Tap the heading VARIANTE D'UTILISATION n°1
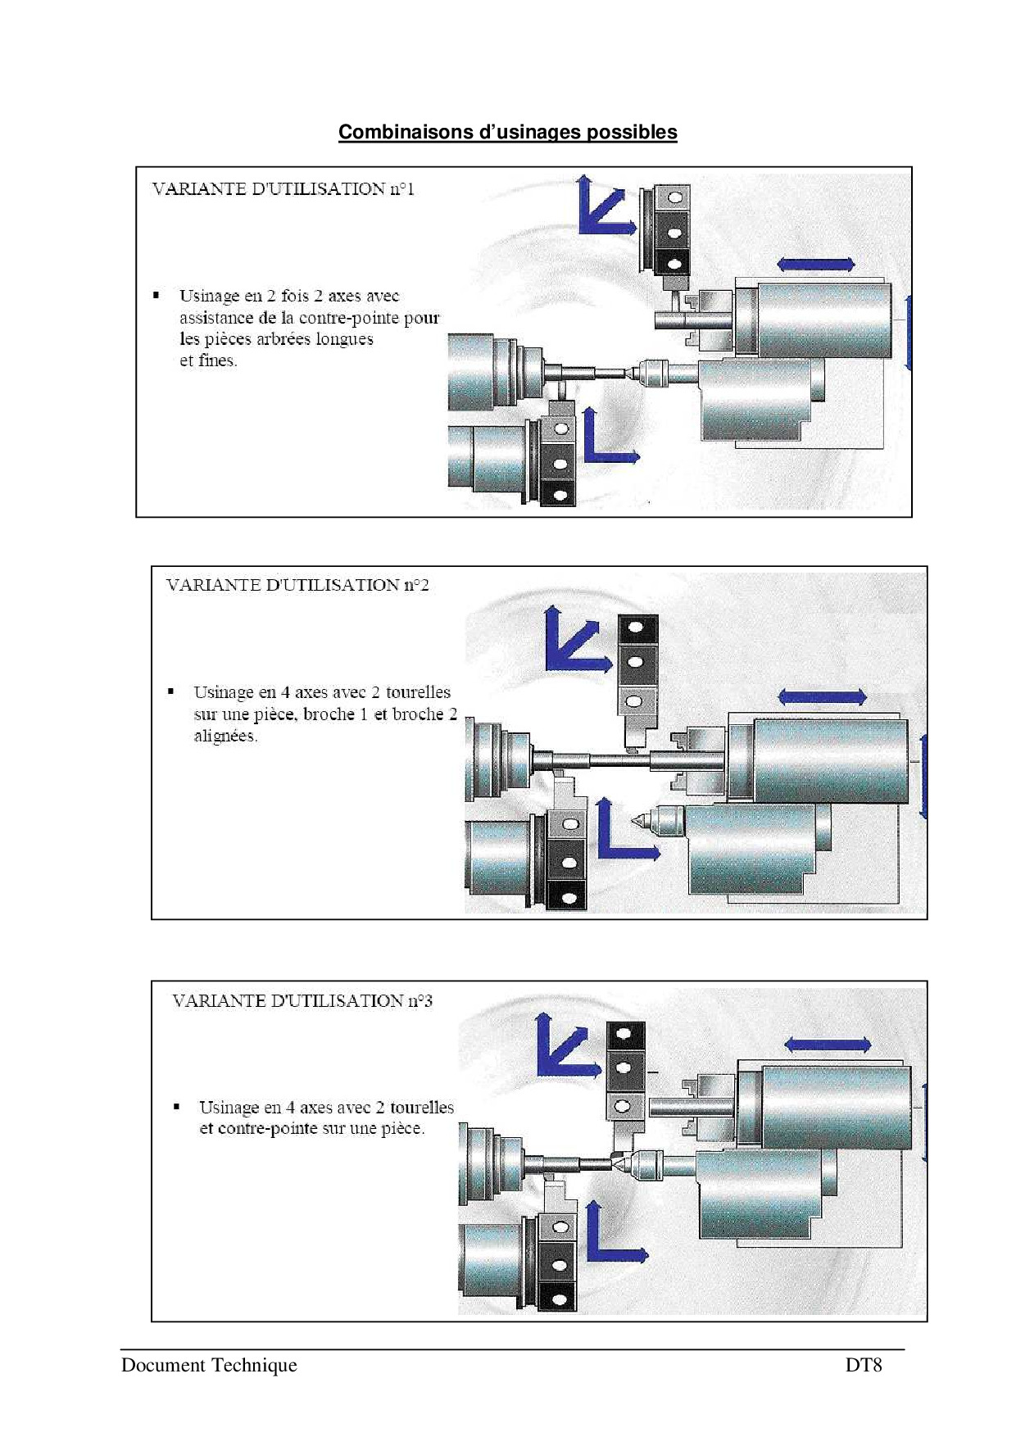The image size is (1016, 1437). (x=283, y=189)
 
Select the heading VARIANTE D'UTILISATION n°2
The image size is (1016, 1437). (x=297, y=585)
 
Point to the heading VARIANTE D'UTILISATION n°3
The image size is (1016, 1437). (x=302, y=1000)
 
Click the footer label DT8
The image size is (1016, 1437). (x=864, y=1365)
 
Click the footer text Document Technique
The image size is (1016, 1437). (x=209, y=1365)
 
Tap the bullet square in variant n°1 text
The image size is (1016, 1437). (x=156, y=295)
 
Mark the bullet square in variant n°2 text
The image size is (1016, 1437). (x=171, y=691)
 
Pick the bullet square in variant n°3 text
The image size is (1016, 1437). (x=176, y=1107)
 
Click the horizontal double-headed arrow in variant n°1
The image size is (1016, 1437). (x=816, y=264)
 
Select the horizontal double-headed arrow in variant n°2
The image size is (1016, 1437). (x=822, y=697)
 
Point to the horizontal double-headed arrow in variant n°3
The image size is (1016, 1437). (x=828, y=1045)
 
